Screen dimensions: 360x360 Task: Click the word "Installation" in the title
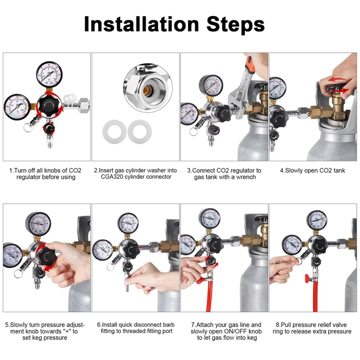tap(141, 24)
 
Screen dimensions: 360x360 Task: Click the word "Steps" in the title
tap(235, 25)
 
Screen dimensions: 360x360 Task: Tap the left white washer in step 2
tap(114, 132)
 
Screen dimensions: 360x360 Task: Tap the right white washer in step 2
tap(139, 131)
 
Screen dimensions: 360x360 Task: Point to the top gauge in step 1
tap(49, 74)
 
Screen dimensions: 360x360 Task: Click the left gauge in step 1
tap(17, 107)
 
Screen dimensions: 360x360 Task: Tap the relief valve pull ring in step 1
tap(28, 128)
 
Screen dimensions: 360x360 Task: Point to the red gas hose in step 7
tap(208, 296)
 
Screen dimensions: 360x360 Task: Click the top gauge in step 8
tap(317, 220)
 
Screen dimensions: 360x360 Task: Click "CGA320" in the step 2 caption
tap(111, 177)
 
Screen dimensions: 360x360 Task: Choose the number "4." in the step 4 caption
tap(282, 171)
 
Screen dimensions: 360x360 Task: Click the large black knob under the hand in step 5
tap(48, 257)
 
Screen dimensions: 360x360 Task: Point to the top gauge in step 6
tap(128, 223)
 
